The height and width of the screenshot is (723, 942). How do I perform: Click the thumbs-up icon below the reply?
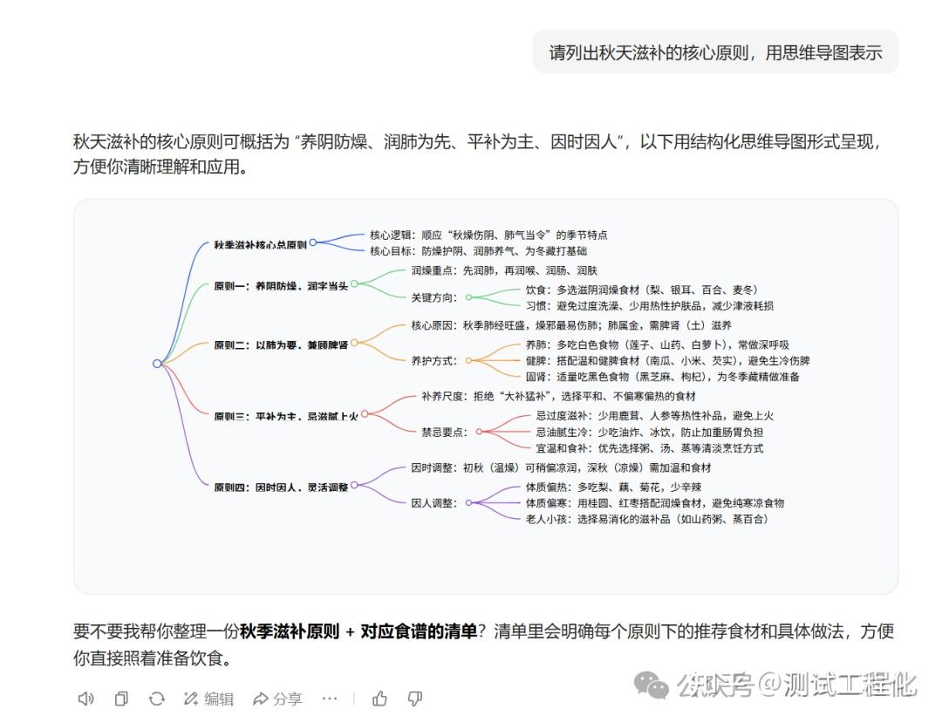[380, 699]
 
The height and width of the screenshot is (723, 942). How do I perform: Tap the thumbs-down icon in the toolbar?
[415, 699]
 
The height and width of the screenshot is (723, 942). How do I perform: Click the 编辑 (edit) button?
[208, 699]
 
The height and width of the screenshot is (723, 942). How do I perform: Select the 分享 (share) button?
[277, 699]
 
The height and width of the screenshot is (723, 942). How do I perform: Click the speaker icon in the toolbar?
[85, 699]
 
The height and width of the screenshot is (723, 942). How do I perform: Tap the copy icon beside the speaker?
[121, 699]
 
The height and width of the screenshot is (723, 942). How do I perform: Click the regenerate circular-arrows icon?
[157, 699]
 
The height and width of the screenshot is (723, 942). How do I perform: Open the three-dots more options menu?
[329, 699]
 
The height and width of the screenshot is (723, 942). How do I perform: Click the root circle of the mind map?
[157, 364]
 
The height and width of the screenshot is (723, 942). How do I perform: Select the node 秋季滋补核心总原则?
[260, 245]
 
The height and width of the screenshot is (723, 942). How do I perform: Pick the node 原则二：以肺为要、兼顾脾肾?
[280, 344]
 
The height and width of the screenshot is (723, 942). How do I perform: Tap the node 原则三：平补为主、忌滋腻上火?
[285, 416]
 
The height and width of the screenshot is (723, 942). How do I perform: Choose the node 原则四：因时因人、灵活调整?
[280, 487]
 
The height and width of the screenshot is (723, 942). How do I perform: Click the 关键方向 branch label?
[433, 297]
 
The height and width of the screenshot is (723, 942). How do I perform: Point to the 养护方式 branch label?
[433, 360]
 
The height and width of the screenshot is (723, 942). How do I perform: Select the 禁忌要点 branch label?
[444, 431]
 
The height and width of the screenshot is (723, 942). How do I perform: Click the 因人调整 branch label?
[433, 502]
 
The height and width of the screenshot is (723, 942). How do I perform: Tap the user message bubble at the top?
[715, 52]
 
